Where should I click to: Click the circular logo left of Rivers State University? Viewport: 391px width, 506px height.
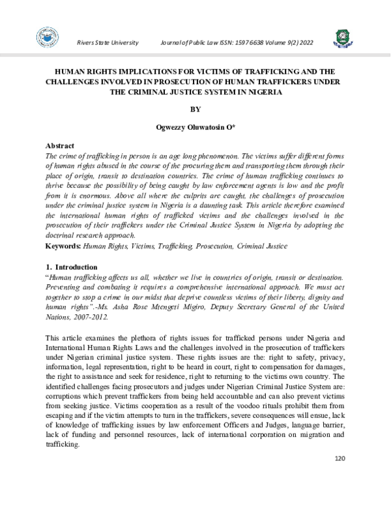pos(48,40)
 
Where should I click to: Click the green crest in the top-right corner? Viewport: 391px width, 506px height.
pos(341,38)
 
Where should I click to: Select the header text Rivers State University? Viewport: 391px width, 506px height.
pos(108,42)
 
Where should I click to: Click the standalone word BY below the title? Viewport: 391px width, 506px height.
pos(195,110)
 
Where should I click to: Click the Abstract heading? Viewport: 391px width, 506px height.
pos(59,145)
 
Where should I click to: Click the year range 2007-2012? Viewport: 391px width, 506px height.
pos(91,317)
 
